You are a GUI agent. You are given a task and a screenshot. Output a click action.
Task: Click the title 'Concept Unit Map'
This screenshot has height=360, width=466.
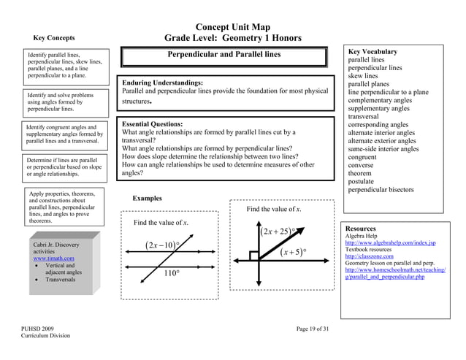tap(232, 28)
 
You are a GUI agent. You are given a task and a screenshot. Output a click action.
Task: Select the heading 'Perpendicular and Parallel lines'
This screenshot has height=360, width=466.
tap(224, 55)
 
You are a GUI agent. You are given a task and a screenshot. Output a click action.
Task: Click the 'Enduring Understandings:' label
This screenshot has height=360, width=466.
tap(162, 83)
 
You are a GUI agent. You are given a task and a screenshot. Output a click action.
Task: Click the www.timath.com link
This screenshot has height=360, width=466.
tap(54, 258)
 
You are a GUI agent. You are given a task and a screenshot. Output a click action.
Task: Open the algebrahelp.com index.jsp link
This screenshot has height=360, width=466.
tap(390, 242)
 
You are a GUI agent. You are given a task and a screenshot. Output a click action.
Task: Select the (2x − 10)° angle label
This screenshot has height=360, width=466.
tap(163, 245)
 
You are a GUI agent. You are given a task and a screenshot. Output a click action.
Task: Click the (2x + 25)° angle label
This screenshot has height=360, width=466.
tap(278, 232)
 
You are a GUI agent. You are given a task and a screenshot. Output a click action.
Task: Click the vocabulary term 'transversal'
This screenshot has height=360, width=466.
tap(367, 116)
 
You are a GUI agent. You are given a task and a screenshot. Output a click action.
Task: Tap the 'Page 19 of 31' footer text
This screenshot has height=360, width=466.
tap(313, 329)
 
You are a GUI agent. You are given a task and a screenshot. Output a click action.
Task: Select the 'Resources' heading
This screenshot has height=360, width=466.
tap(361, 228)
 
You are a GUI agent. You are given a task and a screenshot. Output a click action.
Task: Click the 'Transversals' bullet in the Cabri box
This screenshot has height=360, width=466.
tap(64, 280)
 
